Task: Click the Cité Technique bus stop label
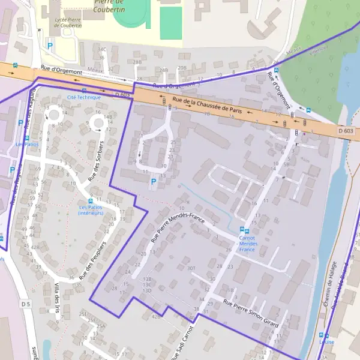[84, 97]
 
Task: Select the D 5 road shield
[25, 304]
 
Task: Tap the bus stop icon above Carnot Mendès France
[243, 230]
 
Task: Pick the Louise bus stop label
[326, 342]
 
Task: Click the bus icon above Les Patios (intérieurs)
[91, 201]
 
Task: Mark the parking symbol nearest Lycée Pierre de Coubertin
[50, 45]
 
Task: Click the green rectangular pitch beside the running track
[171, 23]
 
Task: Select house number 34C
[102, 50]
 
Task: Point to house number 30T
[191, 268]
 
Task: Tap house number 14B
[108, 116]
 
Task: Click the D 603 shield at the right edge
[344, 131]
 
